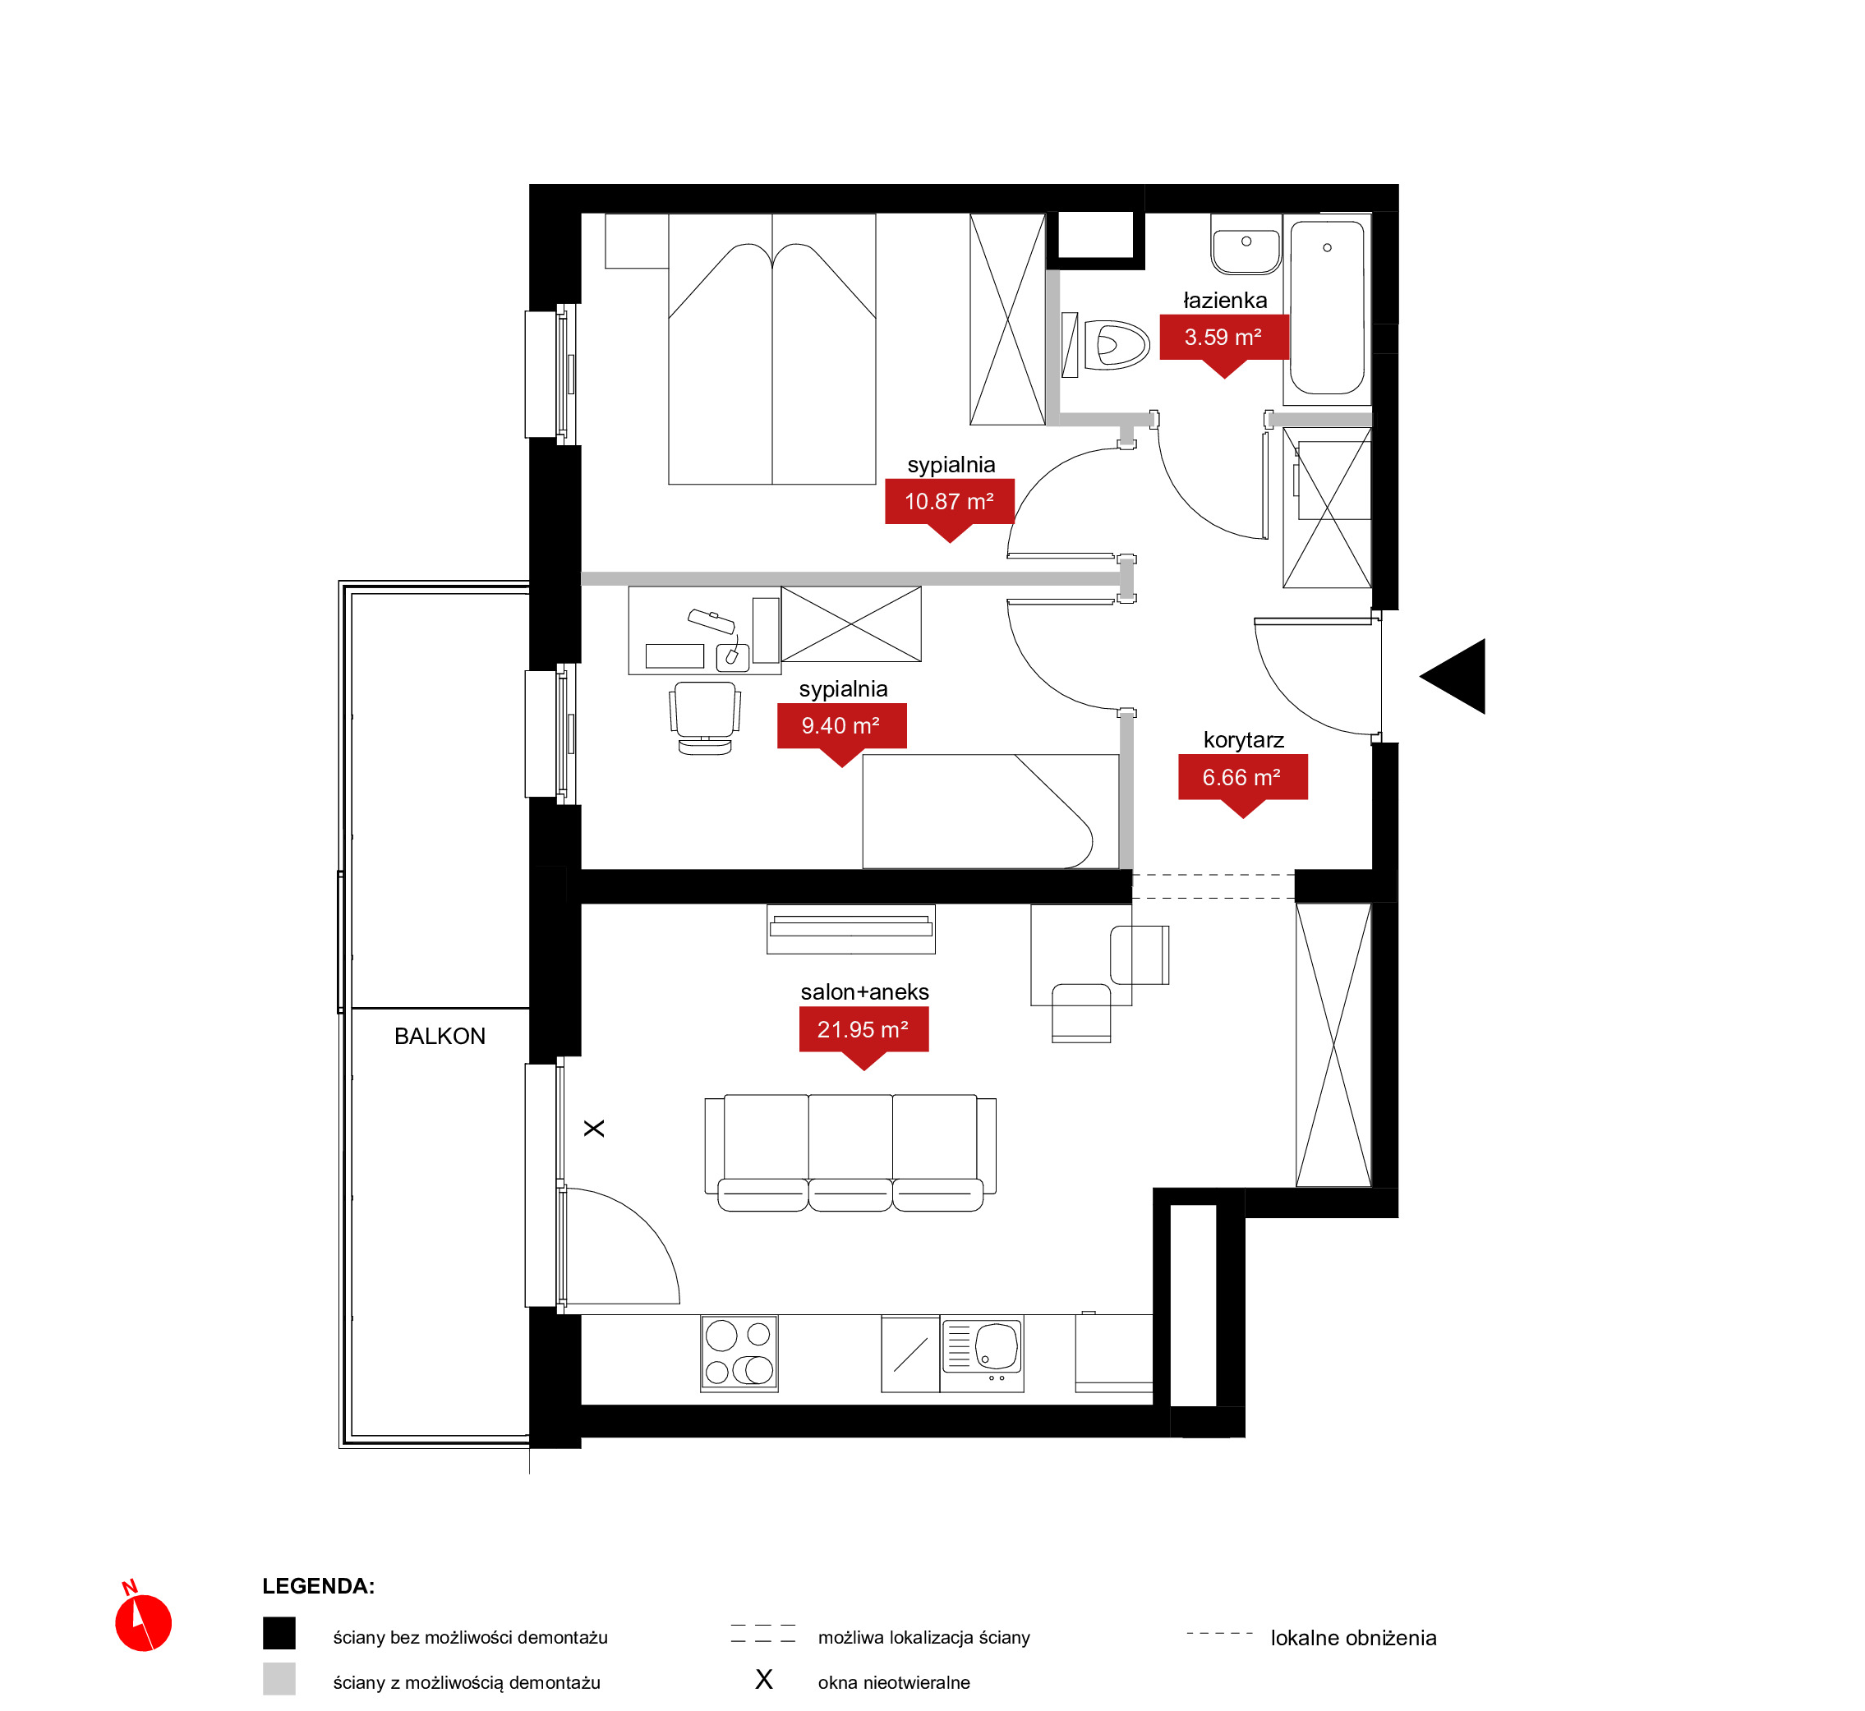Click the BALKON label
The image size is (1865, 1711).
point(440,1036)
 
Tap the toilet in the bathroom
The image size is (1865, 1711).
point(1117,345)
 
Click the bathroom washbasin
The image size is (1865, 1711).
point(1246,245)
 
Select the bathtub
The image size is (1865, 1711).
point(1327,308)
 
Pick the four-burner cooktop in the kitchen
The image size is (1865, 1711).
point(739,1353)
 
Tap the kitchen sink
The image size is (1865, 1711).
point(982,1348)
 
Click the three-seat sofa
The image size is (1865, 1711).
point(850,1152)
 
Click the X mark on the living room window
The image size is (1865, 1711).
point(593,1129)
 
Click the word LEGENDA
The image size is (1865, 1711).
point(318,1586)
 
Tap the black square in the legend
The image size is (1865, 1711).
point(279,1633)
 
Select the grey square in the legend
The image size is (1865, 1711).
point(279,1679)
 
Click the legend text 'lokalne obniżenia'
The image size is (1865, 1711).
point(1353,1638)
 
